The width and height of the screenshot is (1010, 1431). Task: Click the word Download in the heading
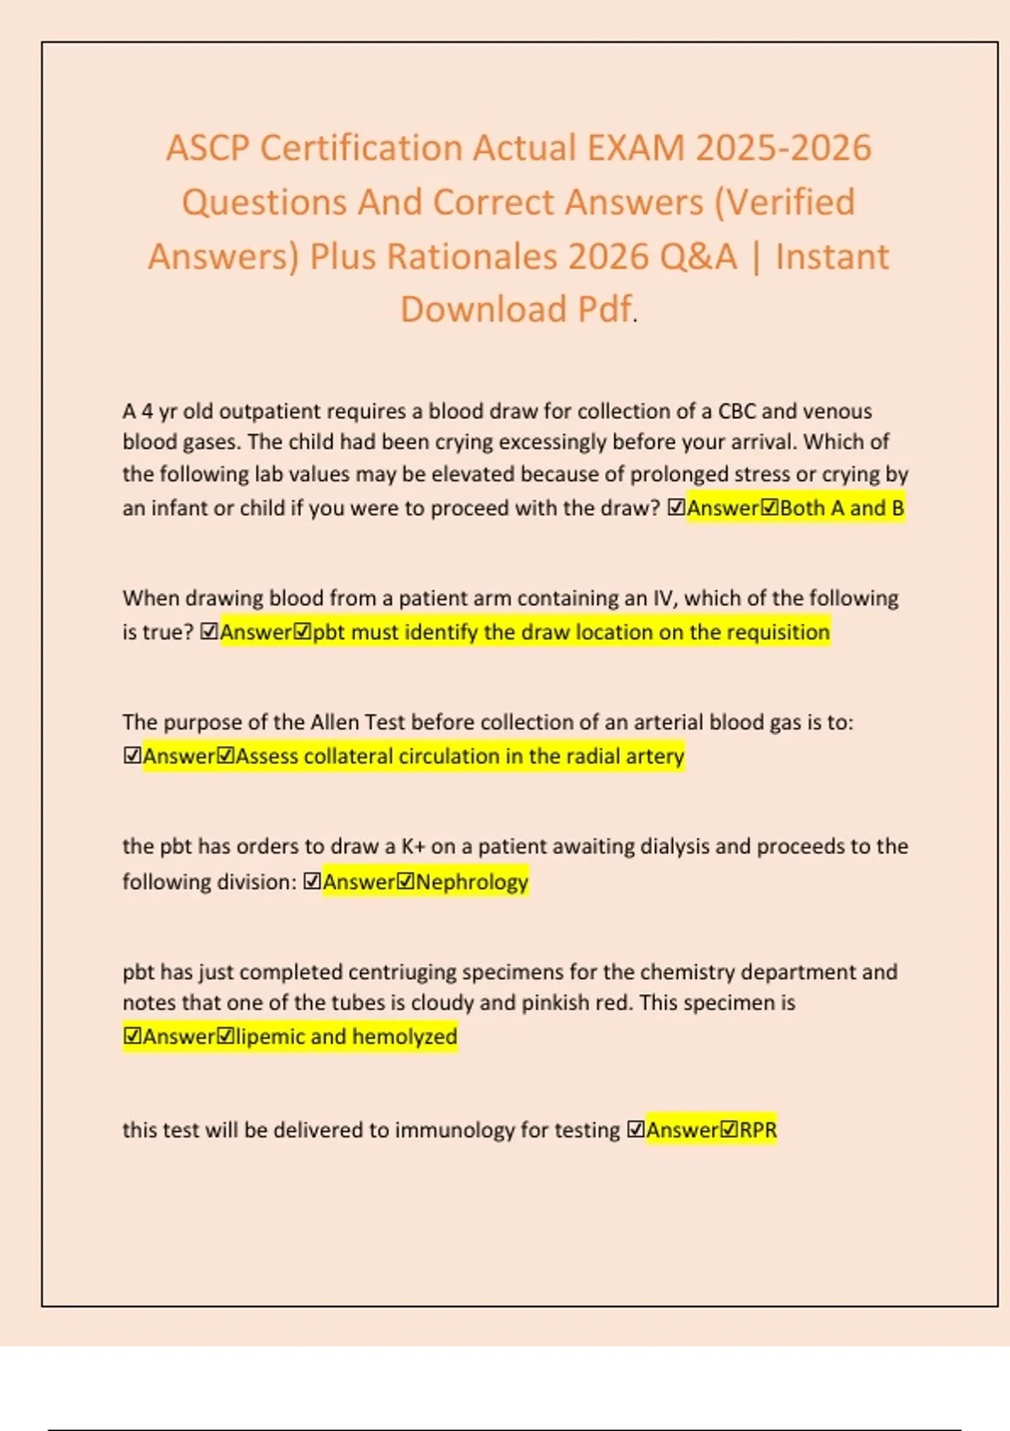click(x=483, y=310)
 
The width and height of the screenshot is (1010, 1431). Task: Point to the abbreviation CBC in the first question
click(x=736, y=412)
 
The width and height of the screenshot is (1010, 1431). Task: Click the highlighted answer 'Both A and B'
click(x=842, y=508)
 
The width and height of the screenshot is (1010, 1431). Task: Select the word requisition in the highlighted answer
click(x=779, y=632)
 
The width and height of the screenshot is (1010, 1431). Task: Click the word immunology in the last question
click(x=454, y=1130)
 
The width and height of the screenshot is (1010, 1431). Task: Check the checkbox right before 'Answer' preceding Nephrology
click(x=312, y=882)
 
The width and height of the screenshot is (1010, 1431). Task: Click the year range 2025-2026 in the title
click(x=784, y=148)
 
